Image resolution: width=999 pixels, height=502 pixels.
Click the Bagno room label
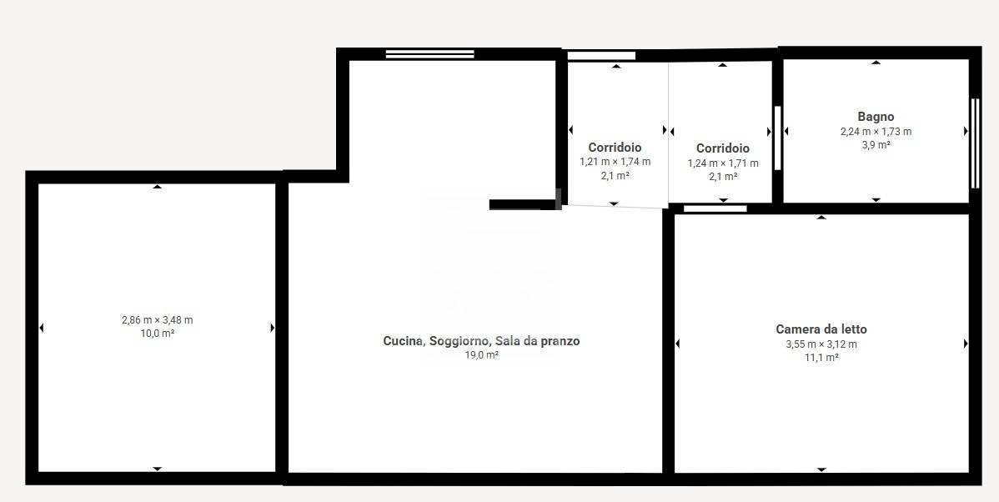click(x=876, y=117)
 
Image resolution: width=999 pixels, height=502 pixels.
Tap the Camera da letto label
click(x=821, y=329)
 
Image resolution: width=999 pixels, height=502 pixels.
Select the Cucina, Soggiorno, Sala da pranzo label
click(x=481, y=341)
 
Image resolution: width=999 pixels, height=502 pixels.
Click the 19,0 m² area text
click(x=481, y=355)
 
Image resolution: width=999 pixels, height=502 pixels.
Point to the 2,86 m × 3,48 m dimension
click(x=157, y=320)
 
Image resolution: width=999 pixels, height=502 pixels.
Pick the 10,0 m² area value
click(x=157, y=334)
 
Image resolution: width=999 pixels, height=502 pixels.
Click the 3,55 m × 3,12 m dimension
click(x=821, y=344)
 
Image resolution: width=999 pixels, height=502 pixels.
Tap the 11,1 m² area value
click(x=821, y=357)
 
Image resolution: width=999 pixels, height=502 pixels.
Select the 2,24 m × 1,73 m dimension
click(x=876, y=132)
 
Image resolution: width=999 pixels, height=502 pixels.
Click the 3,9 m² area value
click(x=876, y=145)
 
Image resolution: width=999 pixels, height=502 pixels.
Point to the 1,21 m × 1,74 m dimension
click(x=615, y=162)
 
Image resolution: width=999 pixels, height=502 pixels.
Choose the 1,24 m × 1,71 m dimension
click(x=723, y=163)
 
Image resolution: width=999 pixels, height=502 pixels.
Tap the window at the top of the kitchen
click(x=429, y=54)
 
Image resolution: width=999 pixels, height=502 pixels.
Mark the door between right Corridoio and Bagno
click(x=777, y=138)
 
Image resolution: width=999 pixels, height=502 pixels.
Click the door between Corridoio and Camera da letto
click(x=715, y=208)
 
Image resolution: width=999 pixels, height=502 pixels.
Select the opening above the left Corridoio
click(x=601, y=56)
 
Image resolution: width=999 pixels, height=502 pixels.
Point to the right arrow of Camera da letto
click(x=966, y=344)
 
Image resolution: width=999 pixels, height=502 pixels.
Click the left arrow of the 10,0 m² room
click(x=42, y=328)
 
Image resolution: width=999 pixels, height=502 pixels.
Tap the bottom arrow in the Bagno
click(x=876, y=200)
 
